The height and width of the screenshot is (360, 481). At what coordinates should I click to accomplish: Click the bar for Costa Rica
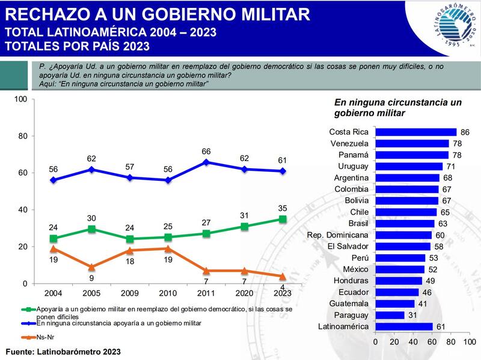point(415,132)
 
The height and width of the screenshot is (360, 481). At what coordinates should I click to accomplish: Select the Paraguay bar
point(390,315)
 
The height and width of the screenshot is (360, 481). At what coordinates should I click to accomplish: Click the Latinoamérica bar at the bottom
point(403,326)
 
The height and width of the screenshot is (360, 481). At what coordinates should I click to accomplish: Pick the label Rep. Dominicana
point(337,235)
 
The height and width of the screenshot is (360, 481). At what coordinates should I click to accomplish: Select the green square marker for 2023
point(283,219)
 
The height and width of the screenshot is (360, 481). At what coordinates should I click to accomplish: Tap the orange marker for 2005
point(91,267)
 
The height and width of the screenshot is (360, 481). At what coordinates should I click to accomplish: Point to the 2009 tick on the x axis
point(130,293)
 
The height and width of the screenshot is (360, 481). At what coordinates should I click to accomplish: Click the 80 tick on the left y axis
point(22,136)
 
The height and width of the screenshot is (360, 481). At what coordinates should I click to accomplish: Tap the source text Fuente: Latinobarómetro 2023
point(63,351)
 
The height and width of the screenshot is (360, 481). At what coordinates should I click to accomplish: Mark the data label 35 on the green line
point(283,208)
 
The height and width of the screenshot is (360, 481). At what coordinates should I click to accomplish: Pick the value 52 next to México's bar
point(432,269)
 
